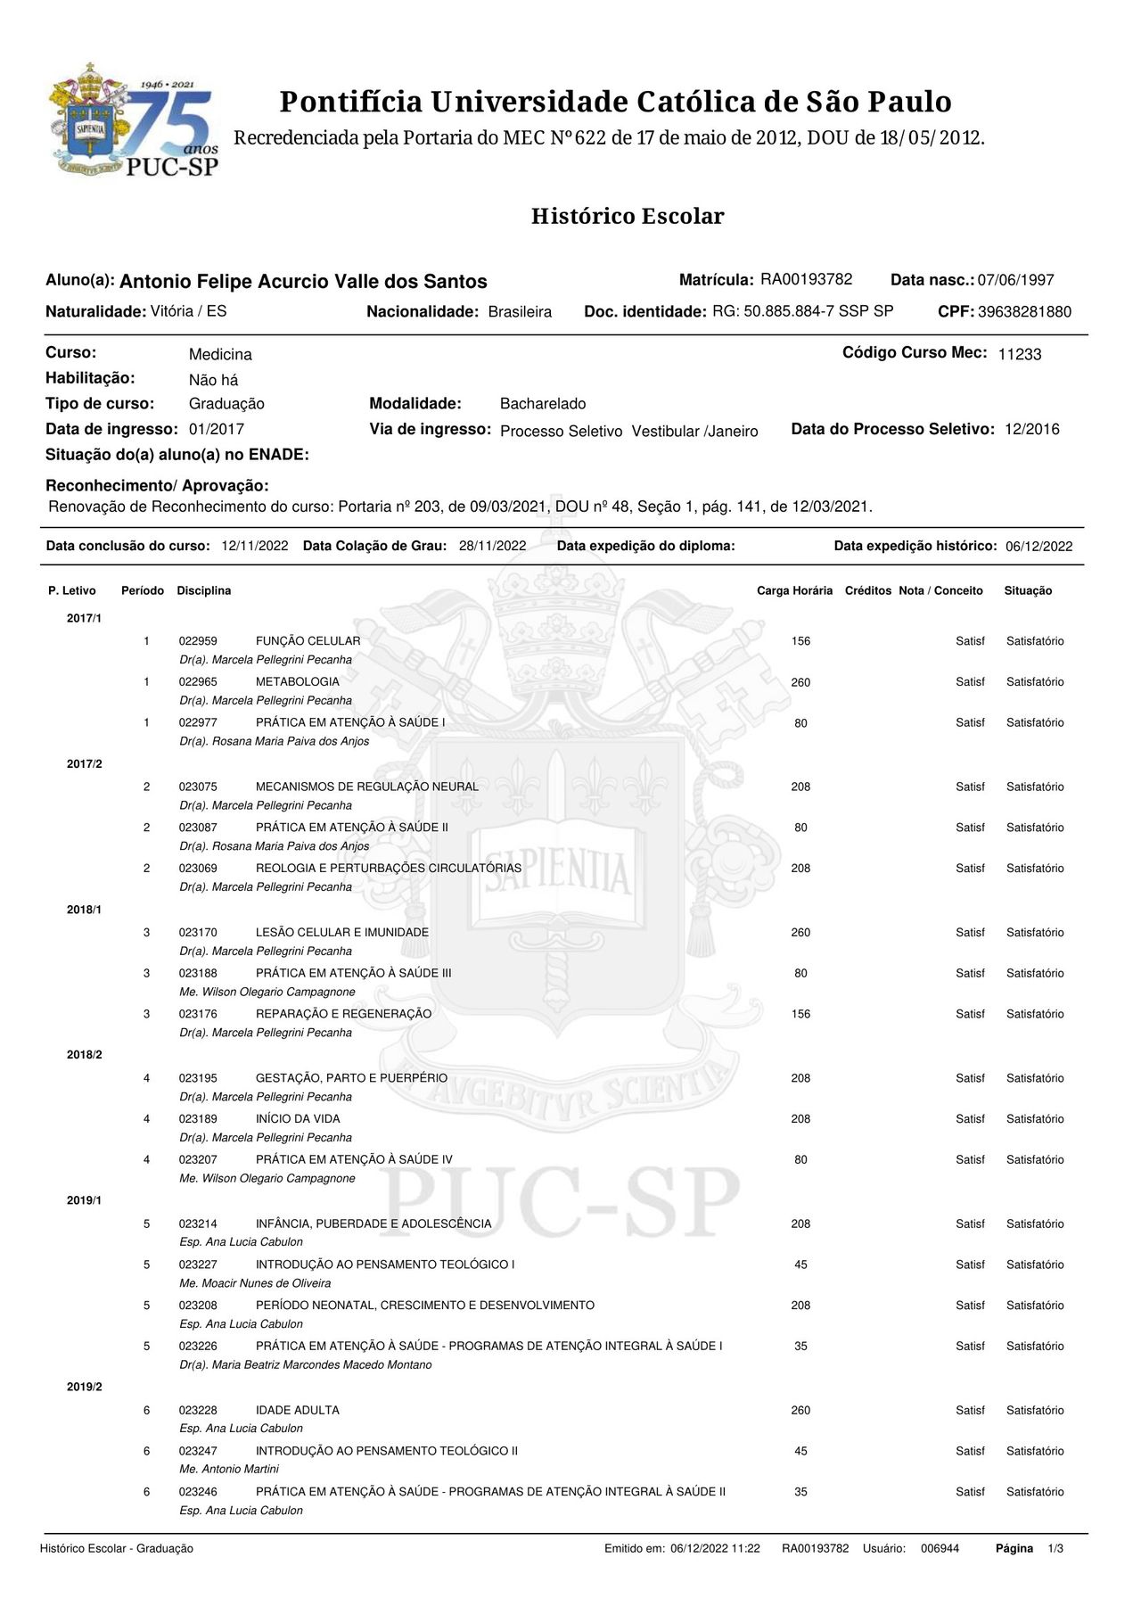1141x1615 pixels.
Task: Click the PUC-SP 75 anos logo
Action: click(x=134, y=119)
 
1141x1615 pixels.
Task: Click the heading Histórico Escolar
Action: click(x=628, y=217)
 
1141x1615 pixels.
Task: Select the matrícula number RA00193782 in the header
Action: click(x=806, y=280)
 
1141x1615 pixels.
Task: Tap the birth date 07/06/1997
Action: click(x=1015, y=281)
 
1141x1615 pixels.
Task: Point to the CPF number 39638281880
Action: click(x=1024, y=312)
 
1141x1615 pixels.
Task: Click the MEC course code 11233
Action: click(x=1019, y=355)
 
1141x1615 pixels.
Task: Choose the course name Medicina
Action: click(x=220, y=355)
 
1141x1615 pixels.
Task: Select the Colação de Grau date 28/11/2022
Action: click(x=492, y=547)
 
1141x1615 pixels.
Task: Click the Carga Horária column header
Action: click(x=794, y=591)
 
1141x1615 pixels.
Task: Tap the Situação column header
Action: click(x=1028, y=591)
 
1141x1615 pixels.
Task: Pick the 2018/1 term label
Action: click(x=84, y=910)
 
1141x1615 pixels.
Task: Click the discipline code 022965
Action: click(x=198, y=682)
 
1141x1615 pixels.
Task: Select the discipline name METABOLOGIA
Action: click(x=297, y=682)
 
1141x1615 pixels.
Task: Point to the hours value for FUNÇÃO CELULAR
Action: click(x=800, y=641)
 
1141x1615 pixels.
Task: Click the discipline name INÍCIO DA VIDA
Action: click(x=298, y=1119)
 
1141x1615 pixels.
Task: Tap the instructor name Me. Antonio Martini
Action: click(x=229, y=1469)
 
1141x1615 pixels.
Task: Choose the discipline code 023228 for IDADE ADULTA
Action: click(x=198, y=1411)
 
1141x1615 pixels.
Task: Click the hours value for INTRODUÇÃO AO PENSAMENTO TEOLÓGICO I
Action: click(x=800, y=1265)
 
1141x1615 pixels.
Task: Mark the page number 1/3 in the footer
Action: click(x=1055, y=1549)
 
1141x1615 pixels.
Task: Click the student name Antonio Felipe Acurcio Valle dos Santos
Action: click(x=303, y=282)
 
